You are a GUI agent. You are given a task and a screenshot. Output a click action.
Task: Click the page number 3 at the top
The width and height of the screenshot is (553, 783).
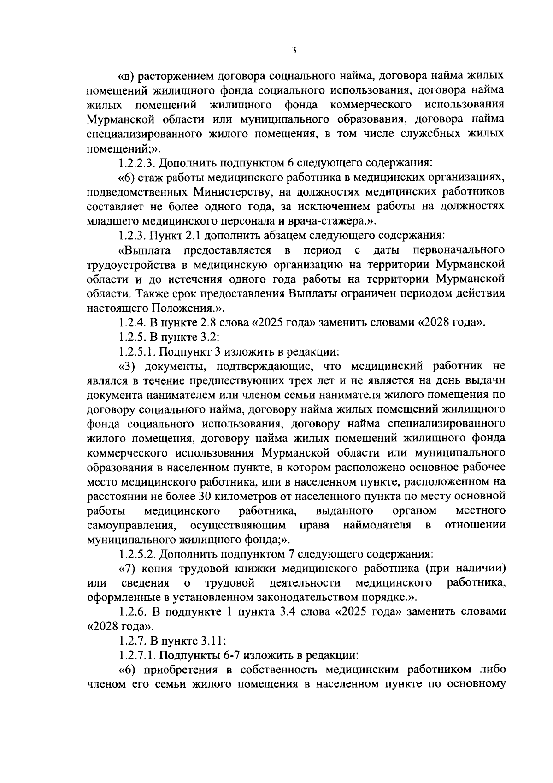coord(294,50)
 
